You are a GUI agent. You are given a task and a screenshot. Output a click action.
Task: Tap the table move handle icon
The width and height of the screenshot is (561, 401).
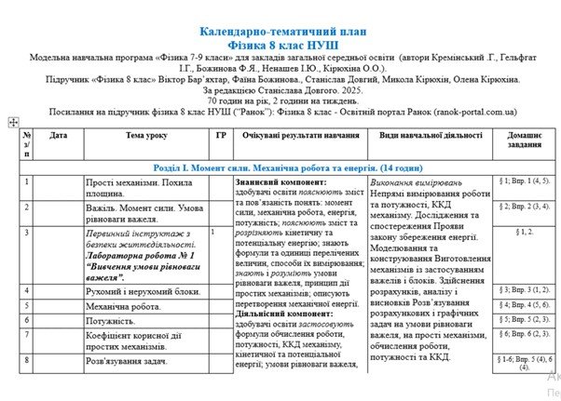(x=13, y=122)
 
